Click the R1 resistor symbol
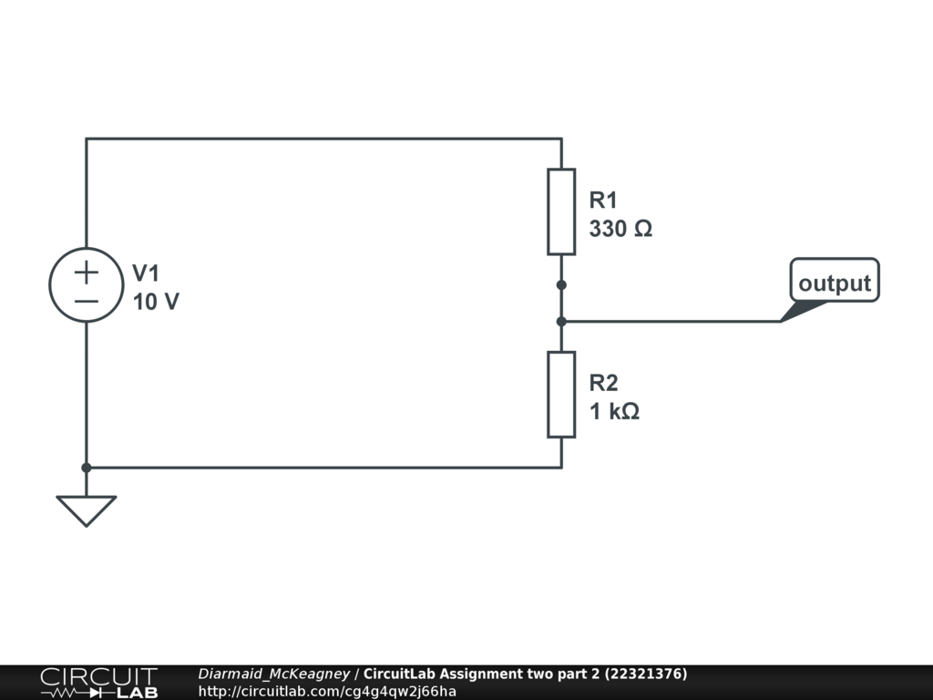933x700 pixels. pyautogui.click(x=561, y=211)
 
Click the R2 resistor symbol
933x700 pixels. pyautogui.click(x=561, y=394)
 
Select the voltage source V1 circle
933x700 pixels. pyautogui.click(x=87, y=285)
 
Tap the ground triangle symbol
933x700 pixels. pyautogui.click(x=87, y=510)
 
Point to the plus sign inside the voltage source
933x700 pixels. pyautogui.click(x=87, y=272)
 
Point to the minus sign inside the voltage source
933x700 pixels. pyautogui.click(x=87, y=300)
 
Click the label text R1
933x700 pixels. pyautogui.click(x=603, y=200)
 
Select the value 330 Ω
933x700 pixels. pyautogui.click(x=620, y=229)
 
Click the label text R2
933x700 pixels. pyautogui.click(x=603, y=382)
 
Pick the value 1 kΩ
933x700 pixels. pyautogui.click(x=614, y=411)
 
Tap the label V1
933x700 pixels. pyautogui.click(x=146, y=273)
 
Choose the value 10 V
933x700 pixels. pyautogui.click(x=156, y=302)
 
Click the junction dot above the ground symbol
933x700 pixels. pyautogui.click(x=87, y=468)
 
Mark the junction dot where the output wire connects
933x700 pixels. pyautogui.click(x=561, y=321)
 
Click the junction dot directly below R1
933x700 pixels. pyautogui.click(x=561, y=285)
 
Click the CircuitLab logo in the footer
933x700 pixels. pyautogui.click(x=97, y=683)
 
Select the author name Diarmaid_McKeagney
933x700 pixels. pyautogui.click(x=273, y=674)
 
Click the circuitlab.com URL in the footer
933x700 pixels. pyautogui.click(x=327, y=691)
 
